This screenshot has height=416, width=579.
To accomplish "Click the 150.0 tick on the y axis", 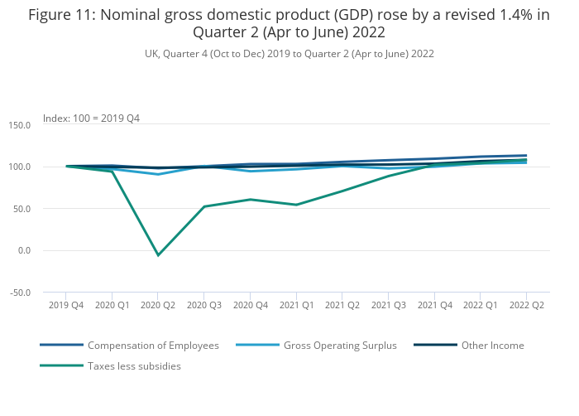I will [x=19, y=125].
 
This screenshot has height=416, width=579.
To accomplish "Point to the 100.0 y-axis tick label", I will [x=19, y=167].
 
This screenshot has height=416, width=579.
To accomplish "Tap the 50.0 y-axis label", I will [x=21, y=209].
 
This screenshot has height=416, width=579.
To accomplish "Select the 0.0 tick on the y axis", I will [x=23, y=250].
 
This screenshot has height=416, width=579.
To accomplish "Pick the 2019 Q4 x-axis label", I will [x=66, y=305].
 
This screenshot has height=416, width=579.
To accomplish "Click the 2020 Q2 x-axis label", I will [x=158, y=305].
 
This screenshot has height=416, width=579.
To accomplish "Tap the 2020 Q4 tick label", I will [x=250, y=305].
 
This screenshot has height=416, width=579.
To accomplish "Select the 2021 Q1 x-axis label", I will [x=296, y=305].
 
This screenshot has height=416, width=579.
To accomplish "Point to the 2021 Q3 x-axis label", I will [x=388, y=305].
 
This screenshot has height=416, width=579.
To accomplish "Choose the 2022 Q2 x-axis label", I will [x=526, y=305].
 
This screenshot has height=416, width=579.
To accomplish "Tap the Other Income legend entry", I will [x=492, y=345].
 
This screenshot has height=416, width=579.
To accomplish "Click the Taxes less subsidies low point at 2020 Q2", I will [x=158, y=255].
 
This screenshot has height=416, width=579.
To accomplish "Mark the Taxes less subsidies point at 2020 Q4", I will [x=250, y=200].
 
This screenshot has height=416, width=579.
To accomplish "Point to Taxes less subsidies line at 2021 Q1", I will [x=296, y=205].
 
